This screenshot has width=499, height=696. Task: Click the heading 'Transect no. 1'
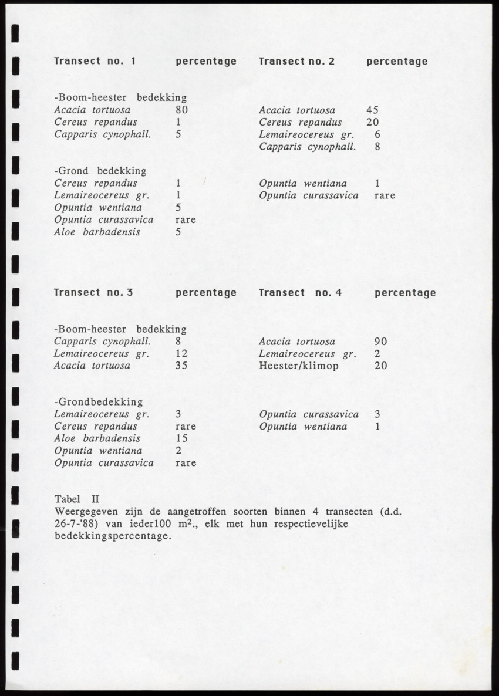pos(95,61)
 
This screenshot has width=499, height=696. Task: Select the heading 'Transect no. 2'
pos(296,61)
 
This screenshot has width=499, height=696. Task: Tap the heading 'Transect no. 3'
pos(95,292)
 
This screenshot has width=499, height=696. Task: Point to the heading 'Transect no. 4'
pos(300,292)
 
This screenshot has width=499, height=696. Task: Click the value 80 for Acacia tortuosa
pos(181,110)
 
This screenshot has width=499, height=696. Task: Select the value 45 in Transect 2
pos(372,110)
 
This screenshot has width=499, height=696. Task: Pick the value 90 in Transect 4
pos(380,342)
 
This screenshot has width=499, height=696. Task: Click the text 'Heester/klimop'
pos(298,366)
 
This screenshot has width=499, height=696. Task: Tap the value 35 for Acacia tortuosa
pos(181,366)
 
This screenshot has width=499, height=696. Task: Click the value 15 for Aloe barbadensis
pos(181,438)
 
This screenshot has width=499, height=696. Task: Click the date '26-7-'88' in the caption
pos(73,523)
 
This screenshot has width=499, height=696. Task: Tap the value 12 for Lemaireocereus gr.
pos(181,354)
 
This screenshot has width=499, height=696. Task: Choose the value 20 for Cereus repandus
pos(372,122)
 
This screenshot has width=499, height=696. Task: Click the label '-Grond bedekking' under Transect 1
pos(100,171)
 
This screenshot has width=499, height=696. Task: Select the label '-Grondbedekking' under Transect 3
pos(98,402)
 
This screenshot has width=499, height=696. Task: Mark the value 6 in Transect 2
pos(377,134)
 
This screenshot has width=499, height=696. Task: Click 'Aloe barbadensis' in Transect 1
pos(97,232)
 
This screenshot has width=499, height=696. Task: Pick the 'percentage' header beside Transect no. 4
pos(405,292)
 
